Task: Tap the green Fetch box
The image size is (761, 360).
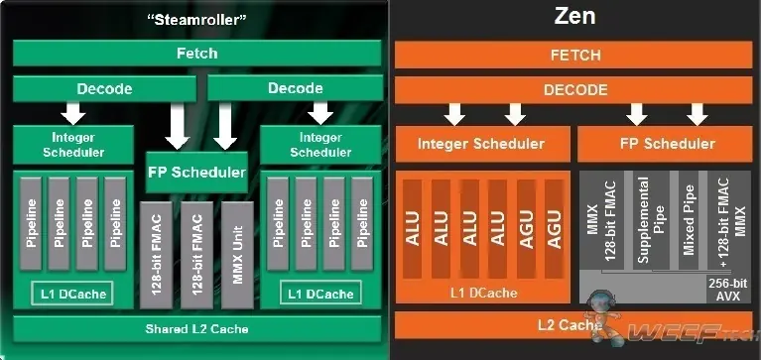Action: click(x=196, y=53)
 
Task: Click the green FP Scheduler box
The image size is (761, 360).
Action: click(x=196, y=172)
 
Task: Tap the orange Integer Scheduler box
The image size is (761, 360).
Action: click(x=480, y=144)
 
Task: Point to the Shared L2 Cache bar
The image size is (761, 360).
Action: click(x=196, y=328)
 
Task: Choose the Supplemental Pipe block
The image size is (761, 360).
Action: click(x=644, y=219)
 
